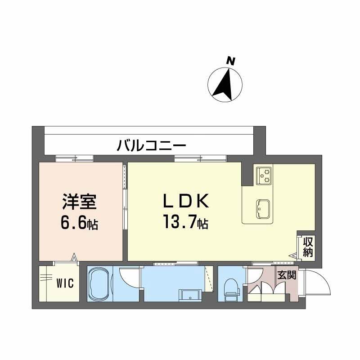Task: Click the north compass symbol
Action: point(225,84)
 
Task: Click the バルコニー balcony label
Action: point(152,145)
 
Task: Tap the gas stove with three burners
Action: point(264,175)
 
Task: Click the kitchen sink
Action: point(262,208)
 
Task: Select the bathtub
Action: point(99,285)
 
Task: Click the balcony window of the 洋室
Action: point(74,158)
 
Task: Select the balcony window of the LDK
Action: point(201,158)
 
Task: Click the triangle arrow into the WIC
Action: point(74,258)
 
